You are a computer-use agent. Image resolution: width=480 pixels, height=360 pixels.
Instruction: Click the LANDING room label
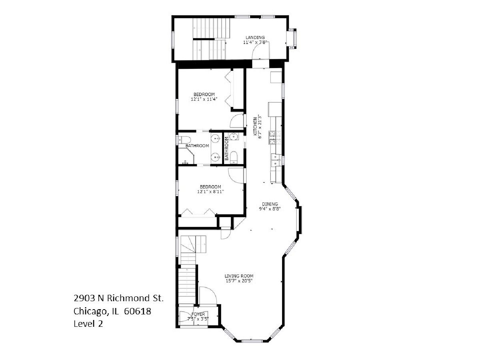point(255,37)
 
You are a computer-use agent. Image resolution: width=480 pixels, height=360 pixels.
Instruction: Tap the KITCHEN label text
point(255,126)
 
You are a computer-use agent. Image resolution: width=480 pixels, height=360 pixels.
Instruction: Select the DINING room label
point(270,204)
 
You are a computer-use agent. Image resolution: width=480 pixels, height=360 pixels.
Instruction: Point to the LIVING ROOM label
point(239,276)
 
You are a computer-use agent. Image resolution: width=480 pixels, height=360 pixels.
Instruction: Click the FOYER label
point(198,314)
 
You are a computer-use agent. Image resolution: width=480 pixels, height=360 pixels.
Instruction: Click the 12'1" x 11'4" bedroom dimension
point(204,99)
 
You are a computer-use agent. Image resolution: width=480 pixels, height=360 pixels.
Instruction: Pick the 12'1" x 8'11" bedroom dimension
point(210,192)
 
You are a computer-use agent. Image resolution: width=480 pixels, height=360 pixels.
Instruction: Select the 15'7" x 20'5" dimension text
point(239,281)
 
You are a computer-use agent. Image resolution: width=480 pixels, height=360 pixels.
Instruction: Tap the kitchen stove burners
point(275,138)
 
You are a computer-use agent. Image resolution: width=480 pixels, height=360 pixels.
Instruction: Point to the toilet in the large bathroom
point(184,140)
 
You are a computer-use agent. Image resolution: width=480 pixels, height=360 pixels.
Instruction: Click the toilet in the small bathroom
point(234,157)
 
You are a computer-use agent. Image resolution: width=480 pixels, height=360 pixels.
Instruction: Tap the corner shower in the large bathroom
point(186,156)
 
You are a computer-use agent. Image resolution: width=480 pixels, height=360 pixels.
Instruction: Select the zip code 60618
point(137,311)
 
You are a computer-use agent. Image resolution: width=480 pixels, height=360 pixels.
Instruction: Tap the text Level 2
point(88,324)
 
